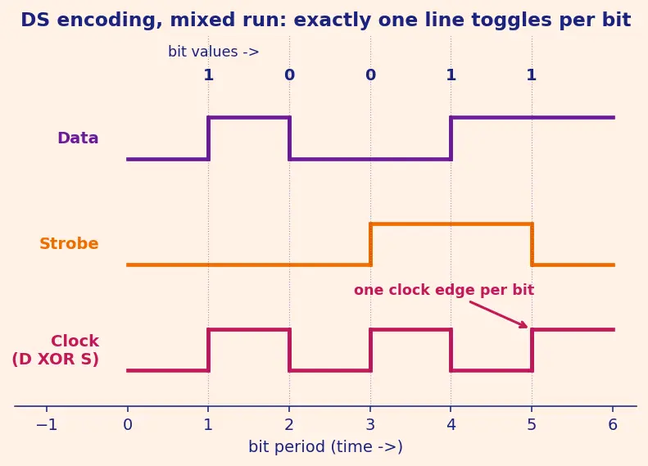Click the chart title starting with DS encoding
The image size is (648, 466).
tap(326, 20)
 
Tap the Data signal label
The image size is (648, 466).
tap(78, 138)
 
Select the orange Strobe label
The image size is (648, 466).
tap(69, 244)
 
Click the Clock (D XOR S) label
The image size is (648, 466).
tap(56, 350)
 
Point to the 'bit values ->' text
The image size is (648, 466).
tap(213, 52)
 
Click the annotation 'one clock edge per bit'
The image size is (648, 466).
tap(444, 290)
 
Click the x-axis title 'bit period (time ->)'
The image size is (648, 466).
tap(326, 447)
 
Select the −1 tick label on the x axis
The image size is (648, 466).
tap(47, 425)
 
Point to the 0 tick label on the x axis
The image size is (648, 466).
tap(128, 425)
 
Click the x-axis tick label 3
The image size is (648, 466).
tap(370, 425)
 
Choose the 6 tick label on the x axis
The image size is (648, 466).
tap(613, 425)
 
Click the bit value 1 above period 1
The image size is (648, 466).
tap(209, 75)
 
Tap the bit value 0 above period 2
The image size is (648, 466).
tap(290, 75)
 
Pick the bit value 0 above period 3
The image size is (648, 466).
tap(371, 75)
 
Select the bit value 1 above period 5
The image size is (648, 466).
tap(532, 75)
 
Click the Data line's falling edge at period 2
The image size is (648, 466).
tap(290, 138)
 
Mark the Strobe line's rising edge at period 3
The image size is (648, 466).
tap(371, 245)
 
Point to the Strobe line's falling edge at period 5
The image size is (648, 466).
tap(532, 245)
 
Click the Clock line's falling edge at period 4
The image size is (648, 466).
tap(451, 351)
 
